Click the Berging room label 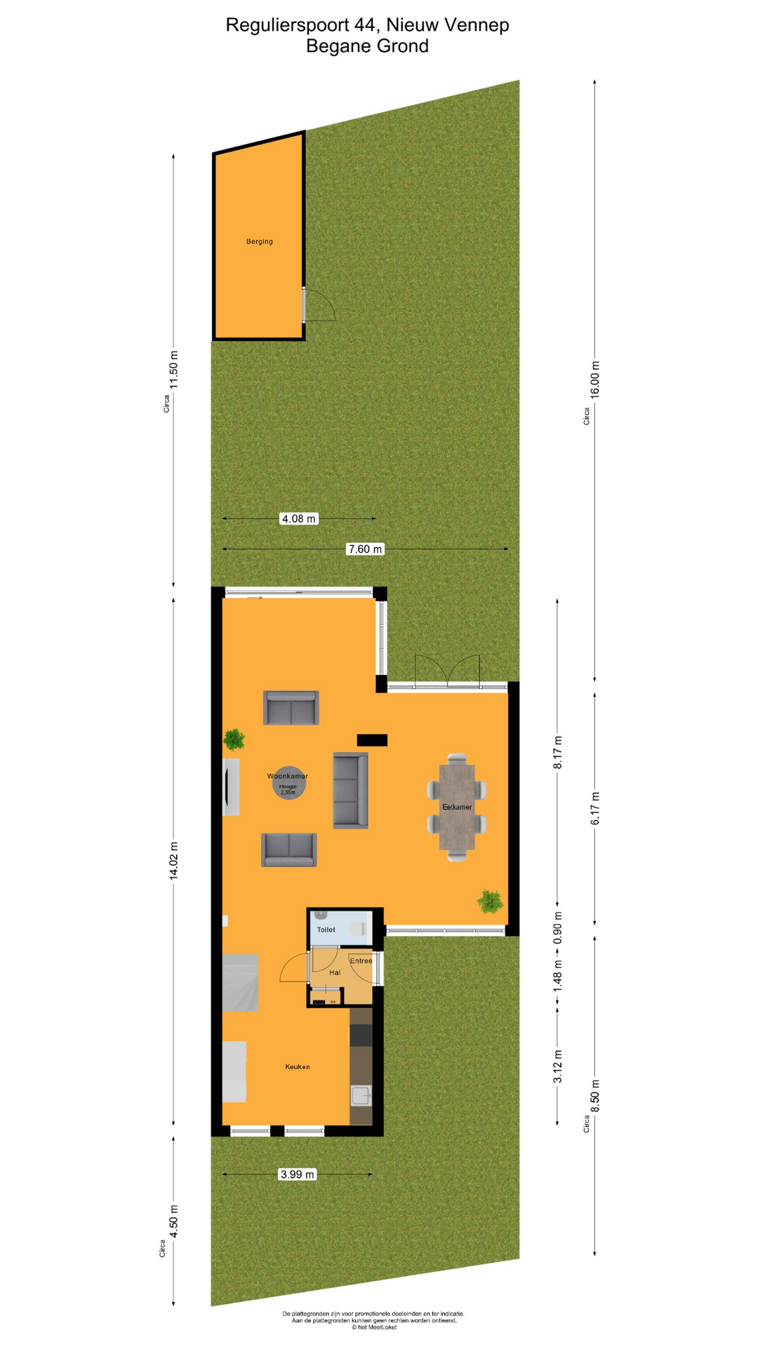259,241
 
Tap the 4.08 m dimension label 298,518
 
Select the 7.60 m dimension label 365,549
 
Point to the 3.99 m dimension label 297,1174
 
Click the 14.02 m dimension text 174,860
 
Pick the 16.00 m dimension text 595,380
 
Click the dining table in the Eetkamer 457,807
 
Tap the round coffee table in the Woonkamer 288,783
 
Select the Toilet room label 326,930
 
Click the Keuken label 297,1066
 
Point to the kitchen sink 361,1095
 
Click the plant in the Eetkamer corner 490,901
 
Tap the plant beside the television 234,739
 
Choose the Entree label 361,960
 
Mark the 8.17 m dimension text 558,753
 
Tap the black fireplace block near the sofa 372,739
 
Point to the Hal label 335,972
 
